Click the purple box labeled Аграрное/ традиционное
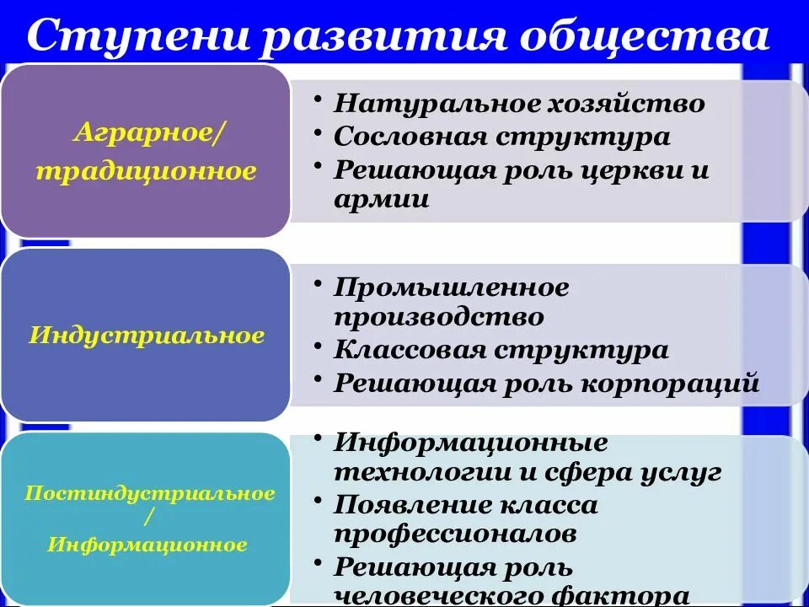point(145,150)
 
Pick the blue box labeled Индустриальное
point(145,336)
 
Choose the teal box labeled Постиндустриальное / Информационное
point(145,518)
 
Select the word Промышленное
point(452,287)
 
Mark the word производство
point(439,318)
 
